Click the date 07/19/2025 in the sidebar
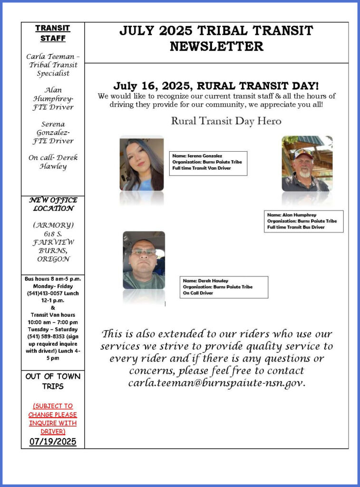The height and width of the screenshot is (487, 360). (x=53, y=441)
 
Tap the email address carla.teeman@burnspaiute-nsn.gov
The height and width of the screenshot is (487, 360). (x=216, y=383)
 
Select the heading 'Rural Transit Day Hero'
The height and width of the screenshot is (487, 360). (x=226, y=121)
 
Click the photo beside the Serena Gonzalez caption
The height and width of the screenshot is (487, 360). (x=141, y=164)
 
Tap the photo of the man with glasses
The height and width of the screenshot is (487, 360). (x=144, y=260)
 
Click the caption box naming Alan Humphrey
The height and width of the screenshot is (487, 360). (x=304, y=221)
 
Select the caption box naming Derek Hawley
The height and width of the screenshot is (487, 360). (x=224, y=287)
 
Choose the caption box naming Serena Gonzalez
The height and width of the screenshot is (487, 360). (x=208, y=162)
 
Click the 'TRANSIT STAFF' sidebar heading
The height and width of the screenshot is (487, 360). (x=53, y=33)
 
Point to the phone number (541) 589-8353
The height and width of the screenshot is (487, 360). (x=41, y=336)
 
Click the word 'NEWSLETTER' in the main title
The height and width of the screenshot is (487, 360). (x=216, y=47)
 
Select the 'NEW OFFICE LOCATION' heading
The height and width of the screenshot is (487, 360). (x=53, y=204)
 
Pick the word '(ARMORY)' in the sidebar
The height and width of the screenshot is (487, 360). (x=53, y=225)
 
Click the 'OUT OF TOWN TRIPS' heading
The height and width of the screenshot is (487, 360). (x=53, y=381)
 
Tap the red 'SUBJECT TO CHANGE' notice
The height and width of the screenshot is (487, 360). (x=53, y=419)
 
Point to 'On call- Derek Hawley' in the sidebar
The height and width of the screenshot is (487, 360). (x=53, y=162)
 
